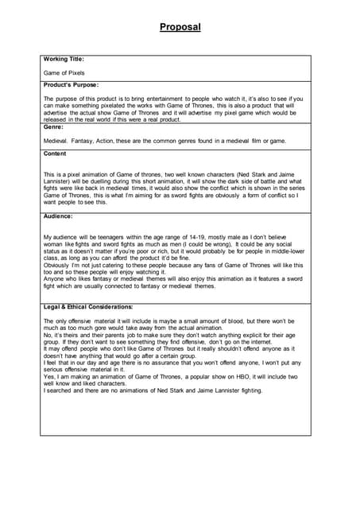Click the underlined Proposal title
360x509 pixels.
(x=180, y=27)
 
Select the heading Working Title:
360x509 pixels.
(x=64, y=59)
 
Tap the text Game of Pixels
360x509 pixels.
(x=64, y=72)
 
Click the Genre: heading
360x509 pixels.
(x=55, y=126)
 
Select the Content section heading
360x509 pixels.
(x=56, y=153)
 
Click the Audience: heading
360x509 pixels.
(x=59, y=216)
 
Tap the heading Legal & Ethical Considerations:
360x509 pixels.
(x=88, y=306)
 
